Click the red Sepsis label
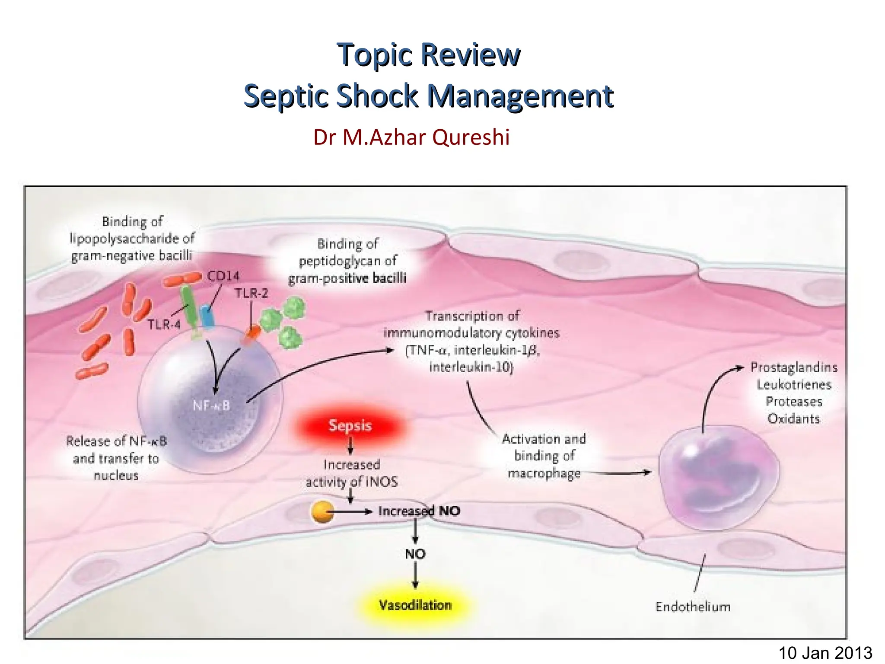(x=350, y=426)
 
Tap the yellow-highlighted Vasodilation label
(x=415, y=605)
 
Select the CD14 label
(x=223, y=276)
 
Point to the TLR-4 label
(x=164, y=324)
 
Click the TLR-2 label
(x=251, y=293)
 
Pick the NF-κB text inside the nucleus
(x=211, y=405)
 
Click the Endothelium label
(x=693, y=607)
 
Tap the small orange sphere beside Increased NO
(x=322, y=512)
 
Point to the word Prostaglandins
(x=794, y=367)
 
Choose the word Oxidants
(x=793, y=418)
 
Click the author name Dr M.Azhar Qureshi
(x=411, y=137)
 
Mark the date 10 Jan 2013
(x=825, y=652)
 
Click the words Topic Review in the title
(x=429, y=55)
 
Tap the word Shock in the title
(x=377, y=96)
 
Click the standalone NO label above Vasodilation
(x=415, y=554)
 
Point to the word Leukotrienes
(x=794, y=384)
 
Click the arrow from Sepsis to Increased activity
(x=350, y=446)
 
